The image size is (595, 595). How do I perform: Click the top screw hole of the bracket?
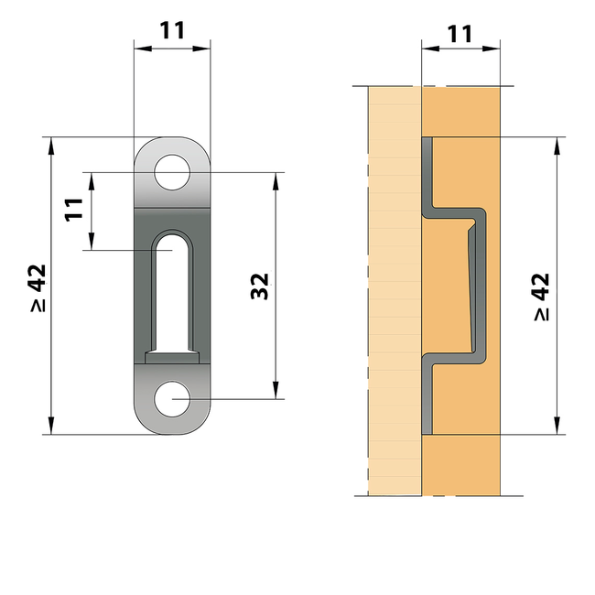(172, 172)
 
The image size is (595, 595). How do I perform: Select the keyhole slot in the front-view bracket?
(172, 293)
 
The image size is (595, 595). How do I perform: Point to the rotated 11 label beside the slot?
(75, 210)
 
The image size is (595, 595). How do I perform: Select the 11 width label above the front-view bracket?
(172, 29)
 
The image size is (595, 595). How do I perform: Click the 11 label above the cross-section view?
(460, 34)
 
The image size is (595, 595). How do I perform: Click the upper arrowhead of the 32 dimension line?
(275, 177)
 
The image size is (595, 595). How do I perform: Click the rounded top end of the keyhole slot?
(172, 240)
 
